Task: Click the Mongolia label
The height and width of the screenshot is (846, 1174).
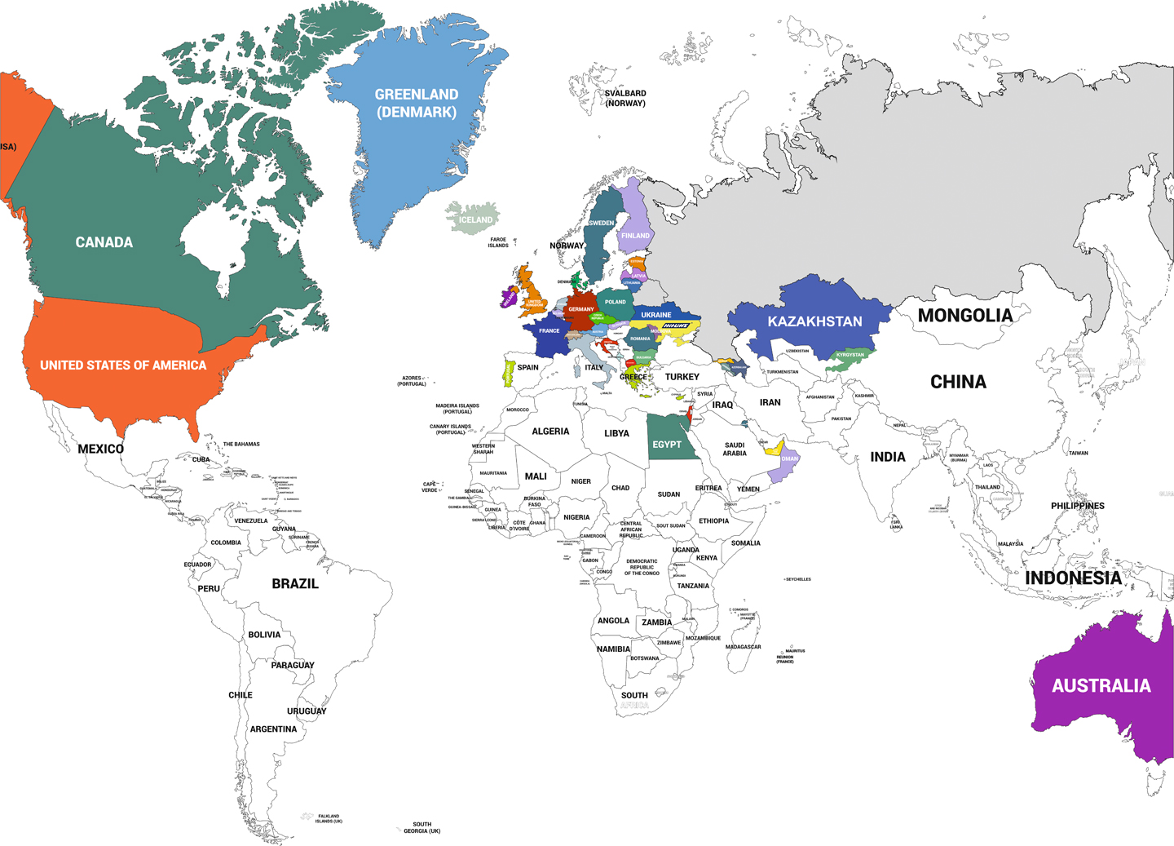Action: [x=964, y=316]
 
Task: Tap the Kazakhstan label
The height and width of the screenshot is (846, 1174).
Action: [x=814, y=321]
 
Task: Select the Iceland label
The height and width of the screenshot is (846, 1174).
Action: [x=475, y=219]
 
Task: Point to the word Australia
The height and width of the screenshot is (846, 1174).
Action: [x=1101, y=686]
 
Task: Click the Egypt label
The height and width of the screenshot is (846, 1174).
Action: [x=666, y=445]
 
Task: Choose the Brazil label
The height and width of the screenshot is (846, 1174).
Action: [x=294, y=584]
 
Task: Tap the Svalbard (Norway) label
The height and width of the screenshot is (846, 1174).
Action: [x=625, y=99]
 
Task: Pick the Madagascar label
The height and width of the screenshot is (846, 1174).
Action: [x=743, y=647]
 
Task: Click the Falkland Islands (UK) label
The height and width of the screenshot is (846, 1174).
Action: [x=329, y=818]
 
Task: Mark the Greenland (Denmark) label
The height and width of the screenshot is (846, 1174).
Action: [x=416, y=104]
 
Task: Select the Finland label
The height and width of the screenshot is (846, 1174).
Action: [x=635, y=236]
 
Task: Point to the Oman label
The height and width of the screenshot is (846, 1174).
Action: [x=789, y=459]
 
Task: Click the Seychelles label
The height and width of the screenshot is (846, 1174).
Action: [x=798, y=579]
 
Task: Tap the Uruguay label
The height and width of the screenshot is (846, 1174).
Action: [x=307, y=711]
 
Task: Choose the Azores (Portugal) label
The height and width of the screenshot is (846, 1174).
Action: [x=412, y=381]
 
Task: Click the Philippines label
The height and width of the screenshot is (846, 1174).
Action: [x=1077, y=506]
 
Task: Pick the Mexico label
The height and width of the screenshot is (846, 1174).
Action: [x=100, y=449]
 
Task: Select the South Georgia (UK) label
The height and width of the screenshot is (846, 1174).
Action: [x=421, y=827]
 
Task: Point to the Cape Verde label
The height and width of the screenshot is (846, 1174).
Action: [x=430, y=487]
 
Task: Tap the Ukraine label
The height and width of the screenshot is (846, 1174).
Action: [x=655, y=315]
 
